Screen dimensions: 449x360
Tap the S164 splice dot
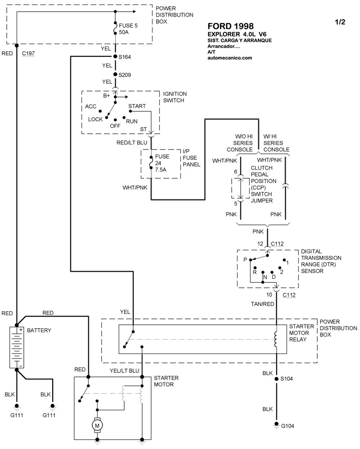click(x=116, y=56)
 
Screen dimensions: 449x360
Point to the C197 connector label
click(x=28, y=53)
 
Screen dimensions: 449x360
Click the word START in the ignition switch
click(x=137, y=106)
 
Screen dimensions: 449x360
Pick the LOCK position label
click(x=95, y=119)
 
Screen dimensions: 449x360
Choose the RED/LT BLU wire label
click(x=132, y=143)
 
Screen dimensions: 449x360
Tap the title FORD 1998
click(x=230, y=26)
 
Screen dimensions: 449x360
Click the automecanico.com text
click(x=229, y=58)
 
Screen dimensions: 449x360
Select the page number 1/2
click(x=340, y=22)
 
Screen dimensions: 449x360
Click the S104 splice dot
click(x=276, y=379)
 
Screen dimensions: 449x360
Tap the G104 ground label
click(x=288, y=426)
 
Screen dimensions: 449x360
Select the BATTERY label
click(x=39, y=331)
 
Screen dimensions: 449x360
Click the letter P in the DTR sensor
click(x=246, y=260)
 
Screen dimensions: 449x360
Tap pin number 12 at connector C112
click(x=260, y=244)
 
